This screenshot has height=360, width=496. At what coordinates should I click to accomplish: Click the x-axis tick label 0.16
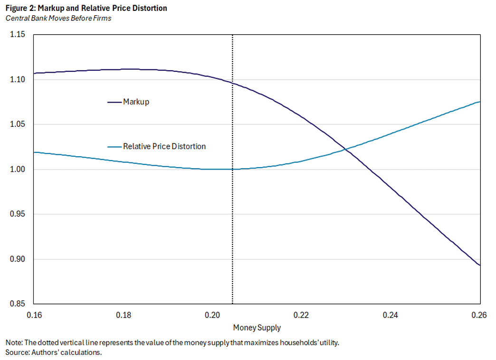point(34,315)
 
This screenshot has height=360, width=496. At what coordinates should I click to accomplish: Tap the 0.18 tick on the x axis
point(124,315)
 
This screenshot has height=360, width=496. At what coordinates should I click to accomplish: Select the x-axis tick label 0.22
point(302,315)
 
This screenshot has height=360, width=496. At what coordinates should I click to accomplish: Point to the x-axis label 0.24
point(391,315)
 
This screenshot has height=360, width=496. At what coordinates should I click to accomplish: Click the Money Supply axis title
point(257,328)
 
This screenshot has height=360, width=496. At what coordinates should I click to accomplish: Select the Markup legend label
point(136,102)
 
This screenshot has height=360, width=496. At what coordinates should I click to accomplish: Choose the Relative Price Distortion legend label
point(164,146)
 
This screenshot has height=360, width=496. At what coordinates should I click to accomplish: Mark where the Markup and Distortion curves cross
point(346,149)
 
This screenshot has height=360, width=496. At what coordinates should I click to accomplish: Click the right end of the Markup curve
point(480,265)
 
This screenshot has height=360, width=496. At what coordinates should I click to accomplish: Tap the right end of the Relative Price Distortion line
point(480,102)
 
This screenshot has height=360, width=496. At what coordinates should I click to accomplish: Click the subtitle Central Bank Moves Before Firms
point(58,19)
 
